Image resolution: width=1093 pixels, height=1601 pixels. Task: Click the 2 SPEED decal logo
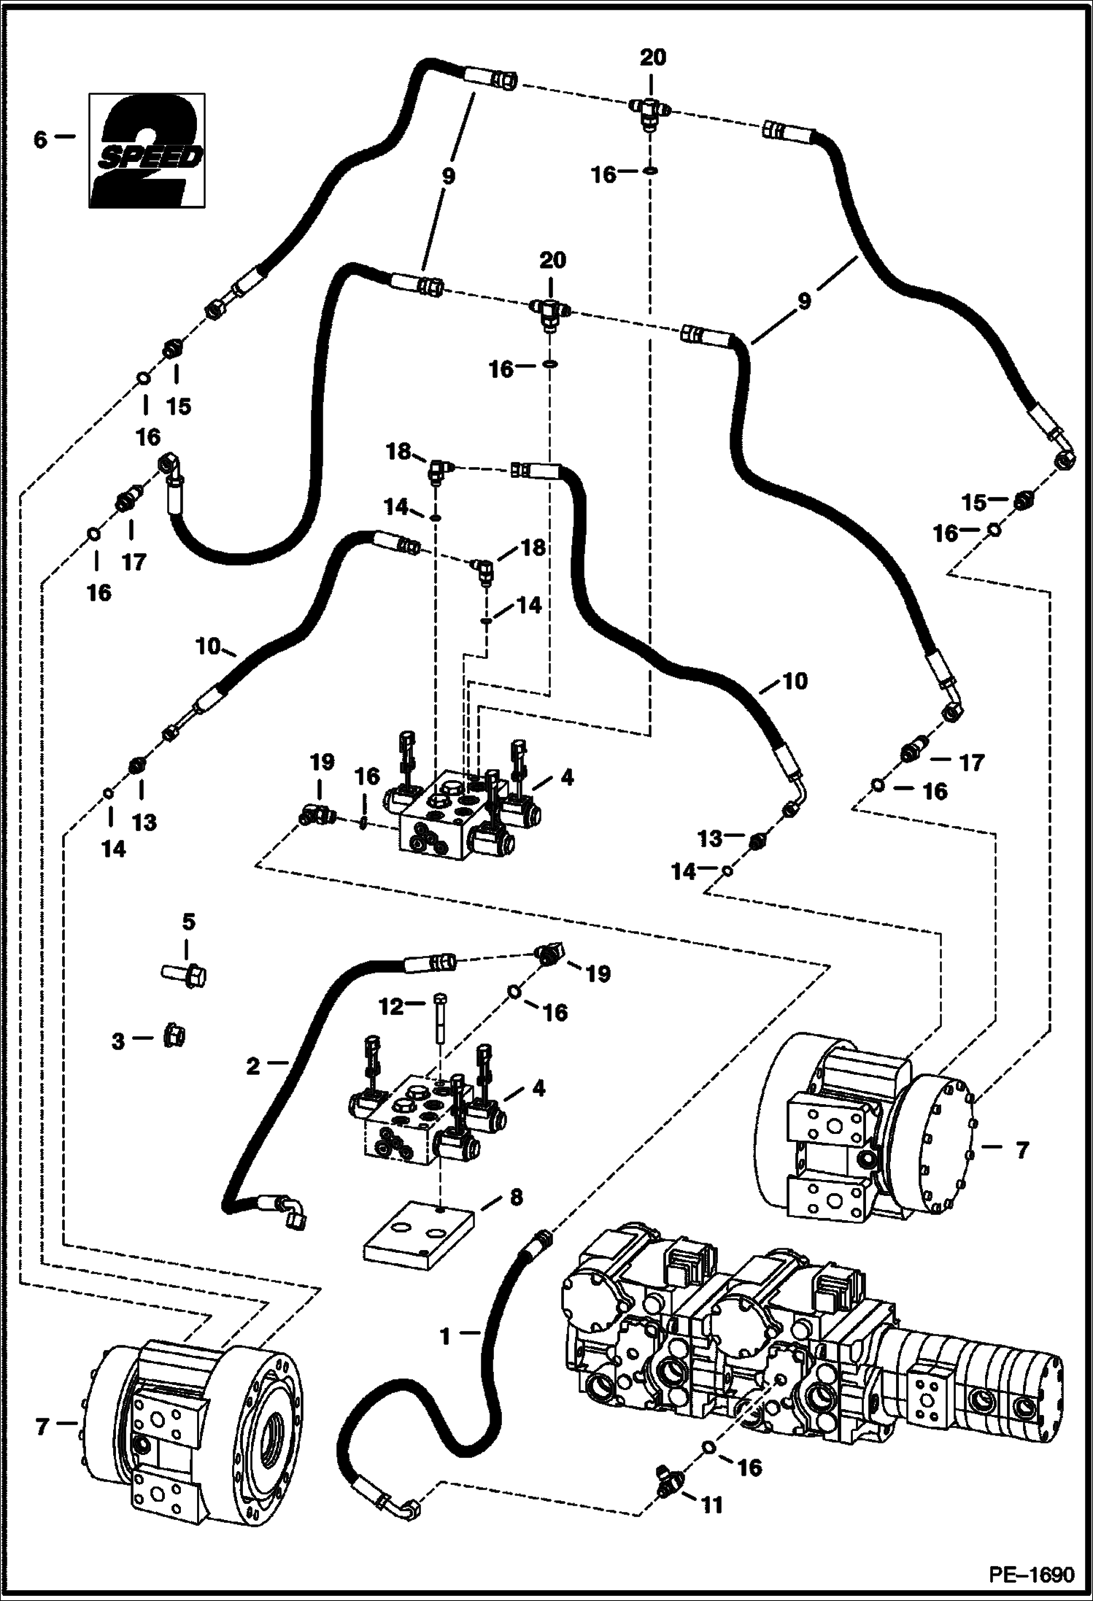(x=146, y=151)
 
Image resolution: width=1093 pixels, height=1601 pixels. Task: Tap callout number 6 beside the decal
(x=40, y=139)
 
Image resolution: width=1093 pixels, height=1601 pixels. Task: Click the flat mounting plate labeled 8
(x=418, y=1235)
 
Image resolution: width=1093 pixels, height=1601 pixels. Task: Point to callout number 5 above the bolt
(x=188, y=922)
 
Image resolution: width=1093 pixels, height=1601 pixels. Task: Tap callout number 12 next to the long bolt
(x=391, y=1007)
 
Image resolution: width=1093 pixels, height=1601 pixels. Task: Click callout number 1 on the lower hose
(x=447, y=1336)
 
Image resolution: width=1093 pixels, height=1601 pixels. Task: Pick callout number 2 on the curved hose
(x=252, y=1066)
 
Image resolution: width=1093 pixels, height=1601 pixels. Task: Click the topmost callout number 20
(x=653, y=57)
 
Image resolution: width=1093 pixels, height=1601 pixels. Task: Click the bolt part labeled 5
(x=184, y=973)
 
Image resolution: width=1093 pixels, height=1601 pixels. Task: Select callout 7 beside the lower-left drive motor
(x=42, y=1424)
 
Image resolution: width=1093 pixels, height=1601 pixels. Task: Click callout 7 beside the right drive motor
(x=1021, y=1151)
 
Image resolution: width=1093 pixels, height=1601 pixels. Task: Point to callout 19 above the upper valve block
(x=322, y=763)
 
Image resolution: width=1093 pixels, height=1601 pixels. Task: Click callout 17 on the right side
(x=972, y=763)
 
